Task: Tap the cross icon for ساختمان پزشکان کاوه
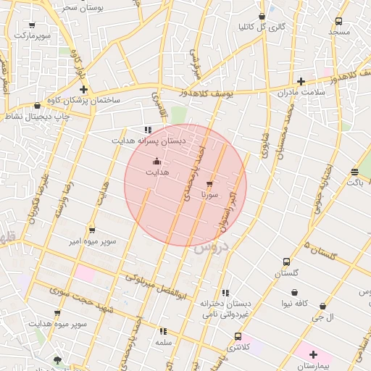(x=84, y=90)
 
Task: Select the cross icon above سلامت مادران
(x=301, y=81)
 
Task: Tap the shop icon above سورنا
(x=210, y=183)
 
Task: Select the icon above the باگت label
(x=354, y=172)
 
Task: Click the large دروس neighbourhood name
(x=211, y=248)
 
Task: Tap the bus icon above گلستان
(x=286, y=262)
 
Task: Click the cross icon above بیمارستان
(x=313, y=354)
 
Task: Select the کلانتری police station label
(x=240, y=348)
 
